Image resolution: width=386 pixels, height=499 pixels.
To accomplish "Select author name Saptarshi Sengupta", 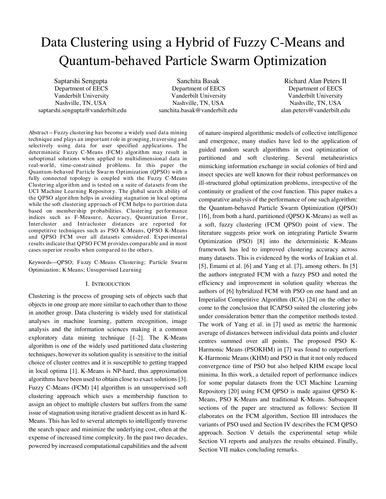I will click(x=81, y=81).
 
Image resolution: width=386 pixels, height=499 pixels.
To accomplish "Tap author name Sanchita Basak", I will click(x=198, y=81).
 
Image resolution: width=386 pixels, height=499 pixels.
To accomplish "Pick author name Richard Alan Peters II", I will click(x=315, y=81).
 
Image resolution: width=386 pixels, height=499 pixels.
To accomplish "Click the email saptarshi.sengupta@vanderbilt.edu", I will click(x=82, y=110).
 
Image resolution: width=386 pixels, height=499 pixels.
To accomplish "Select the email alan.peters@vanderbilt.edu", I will click(x=315, y=110).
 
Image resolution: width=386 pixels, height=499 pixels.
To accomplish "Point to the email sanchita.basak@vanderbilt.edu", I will click(x=198, y=110).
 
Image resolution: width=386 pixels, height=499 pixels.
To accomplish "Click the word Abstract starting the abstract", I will click(x=38, y=133).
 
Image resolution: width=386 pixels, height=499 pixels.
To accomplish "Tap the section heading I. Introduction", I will click(x=108, y=284).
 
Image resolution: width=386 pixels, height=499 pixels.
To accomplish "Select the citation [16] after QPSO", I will click(x=203, y=217).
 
